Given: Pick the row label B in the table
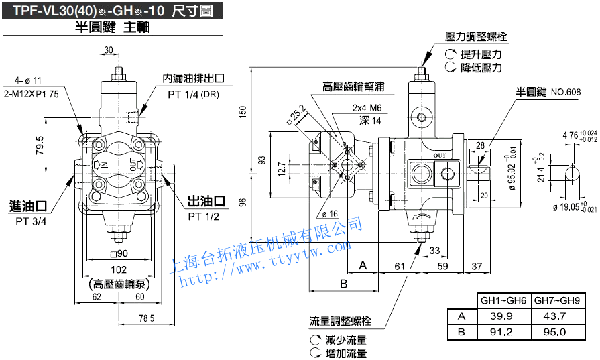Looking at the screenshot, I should pyautogui.click(x=461, y=331).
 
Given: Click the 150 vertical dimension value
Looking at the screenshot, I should pyautogui.click(x=243, y=111).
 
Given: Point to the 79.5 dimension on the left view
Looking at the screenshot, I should pyautogui.click(x=39, y=144).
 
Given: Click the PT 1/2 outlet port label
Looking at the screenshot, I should pyautogui.click(x=204, y=216).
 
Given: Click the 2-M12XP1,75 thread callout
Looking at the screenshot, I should pyautogui.click(x=32, y=94).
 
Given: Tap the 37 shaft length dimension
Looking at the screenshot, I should pyautogui.click(x=477, y=266).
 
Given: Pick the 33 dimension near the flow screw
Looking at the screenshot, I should pyautogui.click(x=434, y=251).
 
